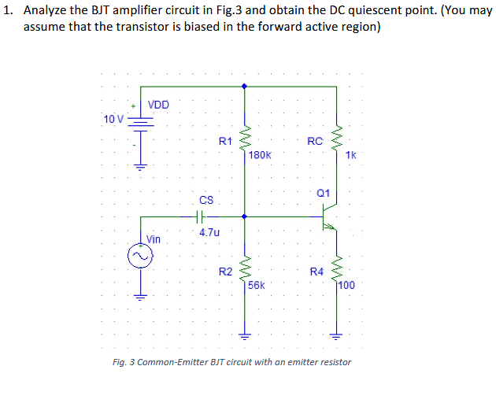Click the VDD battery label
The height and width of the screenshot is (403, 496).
157,105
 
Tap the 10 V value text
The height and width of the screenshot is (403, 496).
113,119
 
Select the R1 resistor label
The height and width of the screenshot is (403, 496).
225,142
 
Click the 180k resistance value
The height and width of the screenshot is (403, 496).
260,155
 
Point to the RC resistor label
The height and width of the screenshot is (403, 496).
315,142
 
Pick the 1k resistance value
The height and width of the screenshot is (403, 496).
350,155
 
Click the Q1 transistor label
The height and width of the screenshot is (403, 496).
323,193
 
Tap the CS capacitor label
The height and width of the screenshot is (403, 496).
205,201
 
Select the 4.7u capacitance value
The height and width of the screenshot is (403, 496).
209,232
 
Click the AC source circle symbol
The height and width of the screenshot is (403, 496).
140,257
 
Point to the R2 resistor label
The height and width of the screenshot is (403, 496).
225,272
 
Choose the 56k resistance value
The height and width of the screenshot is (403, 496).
257,285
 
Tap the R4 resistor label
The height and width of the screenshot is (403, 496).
316,272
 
